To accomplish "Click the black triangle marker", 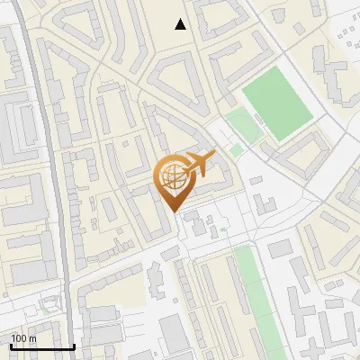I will coord(181,24).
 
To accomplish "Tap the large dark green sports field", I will coord(277,106).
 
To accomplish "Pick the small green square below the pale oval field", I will coord(236,150).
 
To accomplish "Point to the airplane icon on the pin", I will coord(198,165).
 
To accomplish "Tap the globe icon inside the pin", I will coord(172,177).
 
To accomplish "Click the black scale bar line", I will coord(42,347).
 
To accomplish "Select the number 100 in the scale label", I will coord(19,338).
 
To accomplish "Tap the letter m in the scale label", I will coord(32,338).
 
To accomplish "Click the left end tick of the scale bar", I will coord(11,346).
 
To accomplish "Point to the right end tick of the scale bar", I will coord(74,346).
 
